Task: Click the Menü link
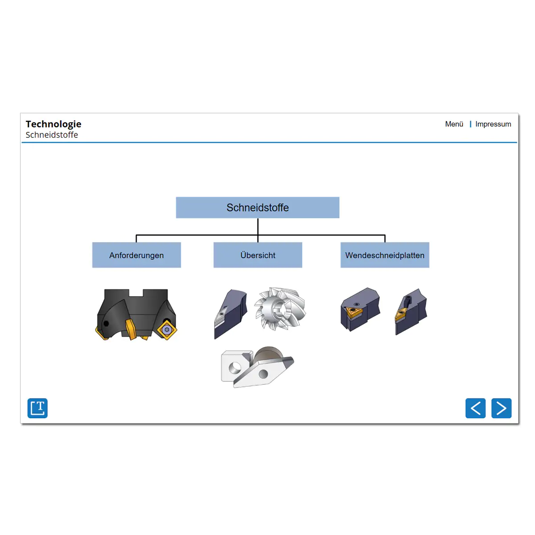point(454,124)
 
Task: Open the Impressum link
point(493,124)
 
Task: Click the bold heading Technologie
point(53,124)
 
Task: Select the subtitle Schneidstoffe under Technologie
point(52,135)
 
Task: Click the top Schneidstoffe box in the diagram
point(257,207)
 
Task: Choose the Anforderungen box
point(136,255)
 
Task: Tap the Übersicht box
point(258,255)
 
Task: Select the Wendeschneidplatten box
point(385,255)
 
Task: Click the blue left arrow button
point(475,408)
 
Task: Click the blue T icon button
point(37,408)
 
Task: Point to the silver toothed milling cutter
point(280,309)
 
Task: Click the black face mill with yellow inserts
point(136,314)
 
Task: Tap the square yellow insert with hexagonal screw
point(167,329)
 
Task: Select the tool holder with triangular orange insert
point(360,309)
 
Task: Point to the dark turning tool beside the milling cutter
point(230,314)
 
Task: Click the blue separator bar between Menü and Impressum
point(470,124)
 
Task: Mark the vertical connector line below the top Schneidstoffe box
point(258,230)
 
